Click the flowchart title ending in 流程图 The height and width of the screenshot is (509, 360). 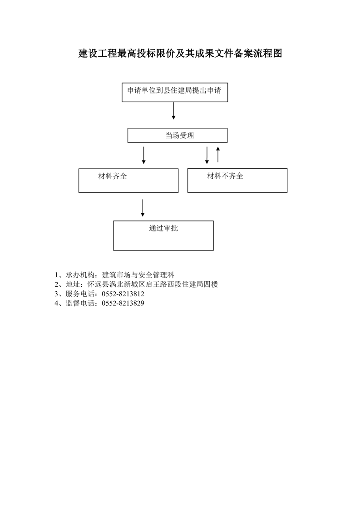pos(180,53)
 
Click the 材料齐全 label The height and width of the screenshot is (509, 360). pos(113,176)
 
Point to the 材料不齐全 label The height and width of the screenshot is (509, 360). pos(225,176)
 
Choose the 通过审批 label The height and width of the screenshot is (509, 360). pos(163,228)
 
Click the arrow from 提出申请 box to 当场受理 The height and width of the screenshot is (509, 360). pos(173,111)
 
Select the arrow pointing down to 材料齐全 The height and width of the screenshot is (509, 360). pos(143,155)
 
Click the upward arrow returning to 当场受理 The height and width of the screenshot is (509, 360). pos(218,155)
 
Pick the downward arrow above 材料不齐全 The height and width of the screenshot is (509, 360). pos(207,155)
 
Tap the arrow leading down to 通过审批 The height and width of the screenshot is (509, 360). pos(143,208)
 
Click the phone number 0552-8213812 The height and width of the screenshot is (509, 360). pos(123,294)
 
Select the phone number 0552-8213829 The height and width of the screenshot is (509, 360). pos(123,303)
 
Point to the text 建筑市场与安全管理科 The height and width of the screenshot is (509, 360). pos(138,275)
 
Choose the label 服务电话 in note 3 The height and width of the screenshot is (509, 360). pos(80,294)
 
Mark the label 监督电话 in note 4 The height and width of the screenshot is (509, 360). pos(80,303)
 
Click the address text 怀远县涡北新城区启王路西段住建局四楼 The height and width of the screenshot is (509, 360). pos(153,284)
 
